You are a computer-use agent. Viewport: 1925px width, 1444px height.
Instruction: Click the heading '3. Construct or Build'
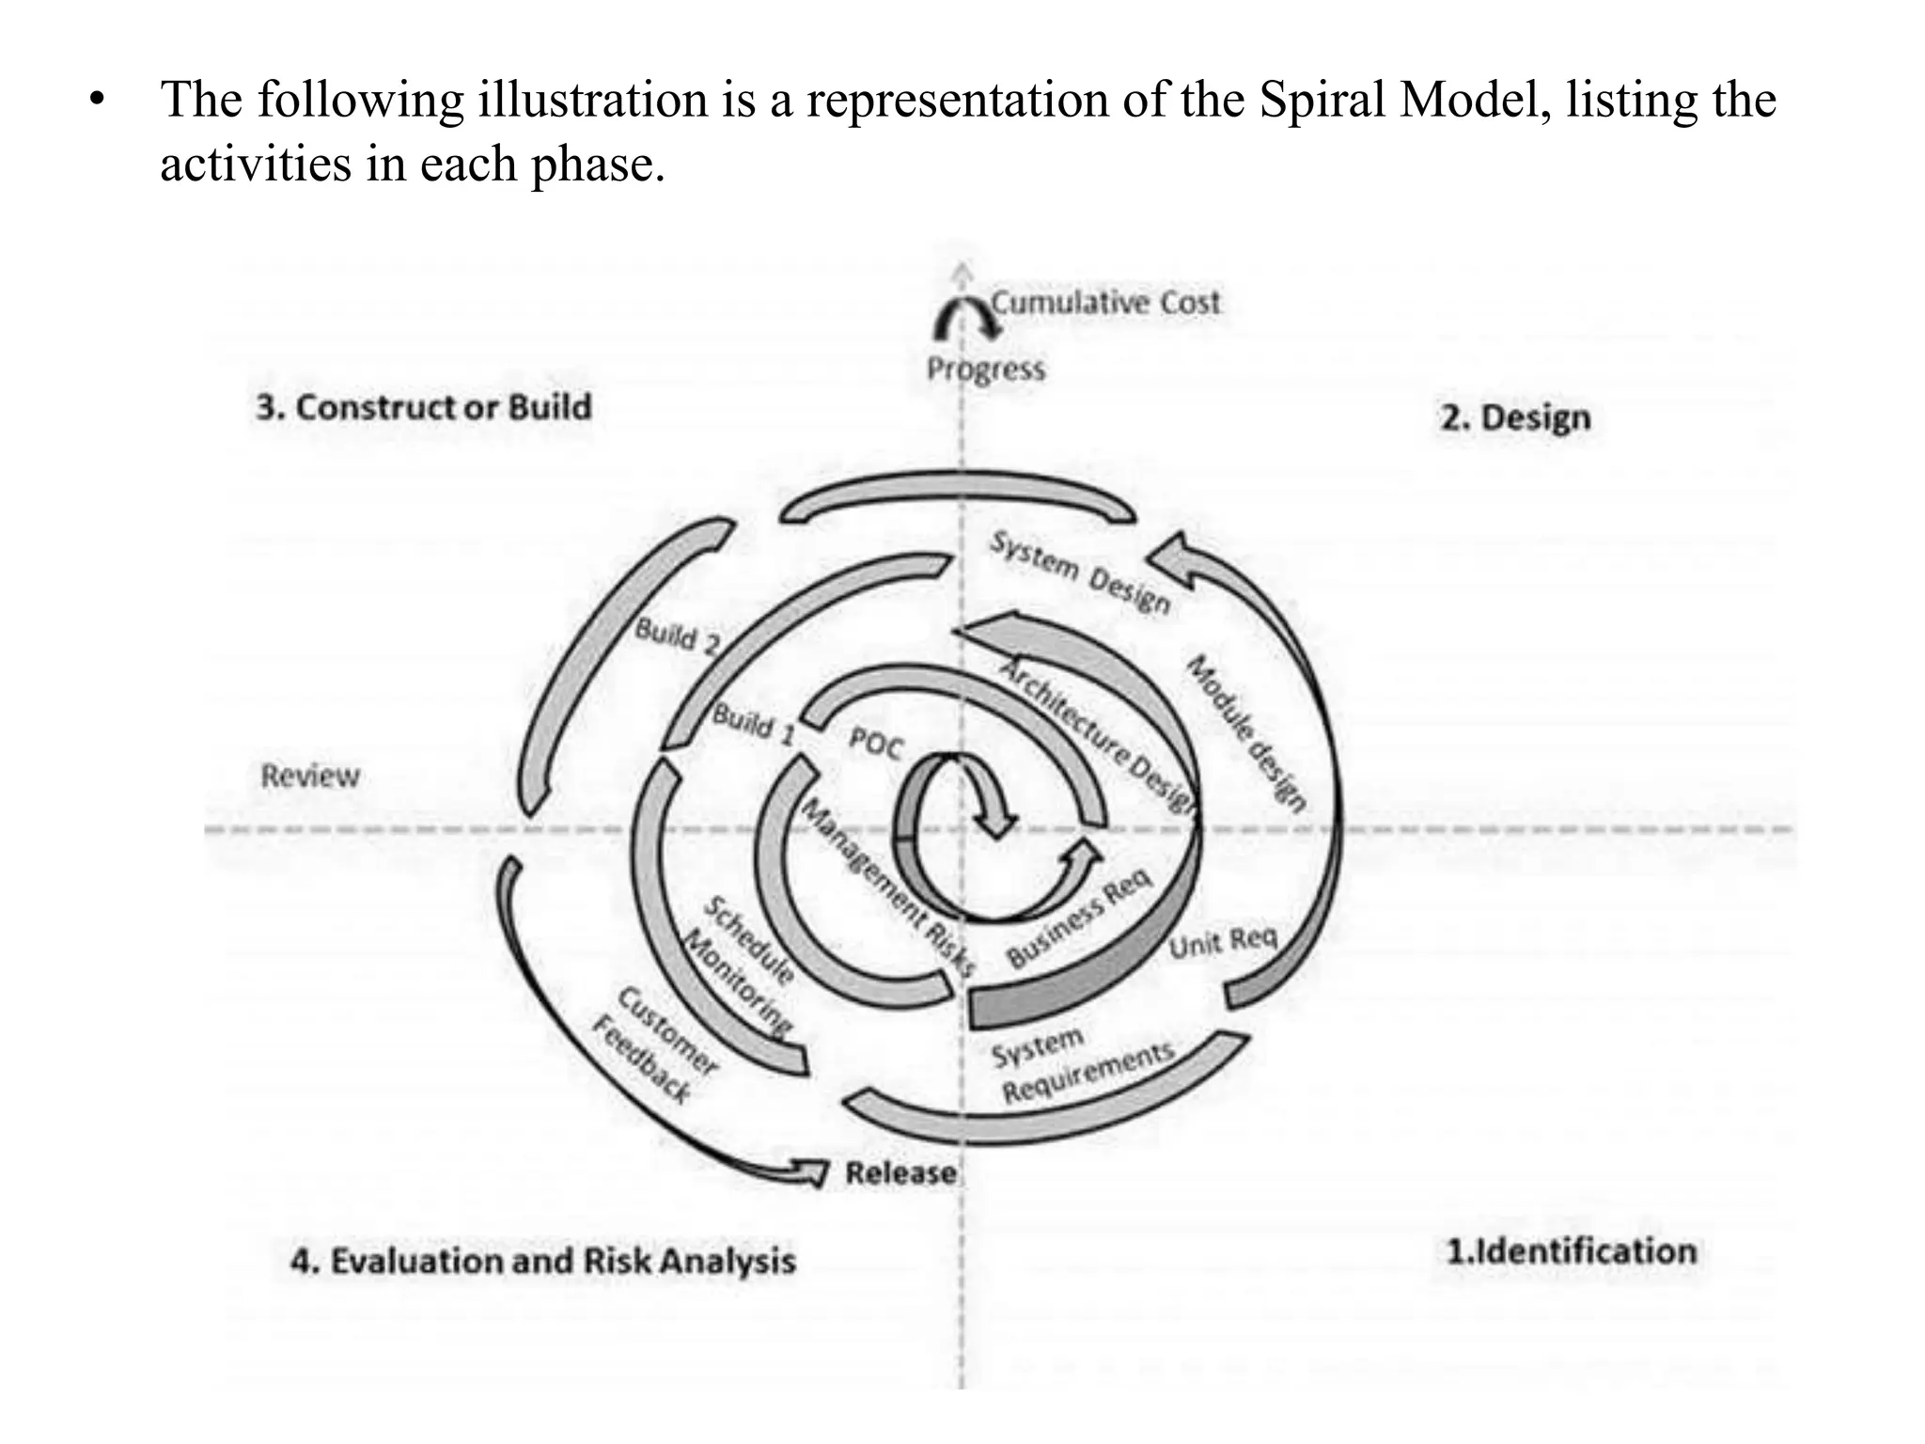point(424,407)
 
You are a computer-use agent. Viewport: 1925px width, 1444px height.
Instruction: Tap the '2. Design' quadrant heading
point(1515,417)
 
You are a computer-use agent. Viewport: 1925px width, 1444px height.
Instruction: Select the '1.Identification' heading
point(1571,1251)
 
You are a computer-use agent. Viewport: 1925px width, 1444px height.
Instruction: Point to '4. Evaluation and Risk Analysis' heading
point(542,1261)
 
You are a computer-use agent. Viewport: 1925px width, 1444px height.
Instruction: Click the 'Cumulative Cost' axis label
point(1105,303)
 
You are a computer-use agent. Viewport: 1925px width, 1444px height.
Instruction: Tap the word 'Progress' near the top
point(985,369)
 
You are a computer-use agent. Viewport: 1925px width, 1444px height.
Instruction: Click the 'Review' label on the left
point(310,776)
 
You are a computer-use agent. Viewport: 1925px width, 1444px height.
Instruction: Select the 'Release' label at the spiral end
point(900,1173)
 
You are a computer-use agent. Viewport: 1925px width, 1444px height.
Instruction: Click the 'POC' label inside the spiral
point(875,744)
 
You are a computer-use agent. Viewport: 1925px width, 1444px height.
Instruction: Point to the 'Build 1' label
point(753,724)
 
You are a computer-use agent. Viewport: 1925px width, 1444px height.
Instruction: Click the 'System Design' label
point(1080,572)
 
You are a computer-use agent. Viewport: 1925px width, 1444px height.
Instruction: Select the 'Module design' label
point(1245,733)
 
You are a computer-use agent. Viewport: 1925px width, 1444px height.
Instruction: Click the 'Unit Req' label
point(1223,941)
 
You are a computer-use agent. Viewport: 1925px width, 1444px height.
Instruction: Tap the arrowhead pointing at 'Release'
point(810,1171)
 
